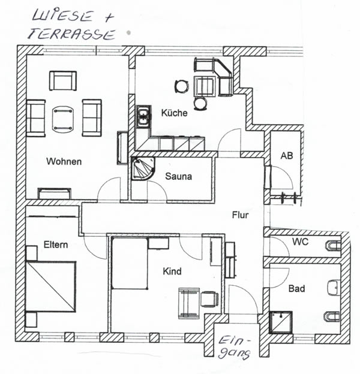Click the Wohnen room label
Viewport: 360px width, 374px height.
(x=64, y=162)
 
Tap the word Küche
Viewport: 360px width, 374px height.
(x=174, y=113)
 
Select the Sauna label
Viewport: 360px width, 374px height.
(x=179, y=177)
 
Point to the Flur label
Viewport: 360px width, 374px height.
(x=241, y=213)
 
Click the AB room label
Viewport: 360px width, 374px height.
(x=287, y=156)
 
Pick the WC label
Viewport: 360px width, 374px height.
(x=300, y=242)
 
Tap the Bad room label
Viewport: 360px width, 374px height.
(x=296, y=289)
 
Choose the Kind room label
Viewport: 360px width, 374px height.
(x=172, y=272)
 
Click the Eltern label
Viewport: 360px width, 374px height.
(x=55, y=245)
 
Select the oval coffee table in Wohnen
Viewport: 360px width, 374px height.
(x=63, y=118)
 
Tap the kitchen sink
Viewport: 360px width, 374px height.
(x=143, y=116)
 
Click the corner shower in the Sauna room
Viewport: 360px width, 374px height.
(x=143, y=169)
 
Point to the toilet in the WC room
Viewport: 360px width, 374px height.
(x=332, y=245)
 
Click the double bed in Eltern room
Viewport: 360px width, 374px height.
(x=51, y=286)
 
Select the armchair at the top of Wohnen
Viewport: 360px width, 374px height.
(x=63, y=80)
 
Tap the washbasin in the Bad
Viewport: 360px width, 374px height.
(x=334, y=289)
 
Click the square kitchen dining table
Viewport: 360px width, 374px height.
(x=205, y=86)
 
